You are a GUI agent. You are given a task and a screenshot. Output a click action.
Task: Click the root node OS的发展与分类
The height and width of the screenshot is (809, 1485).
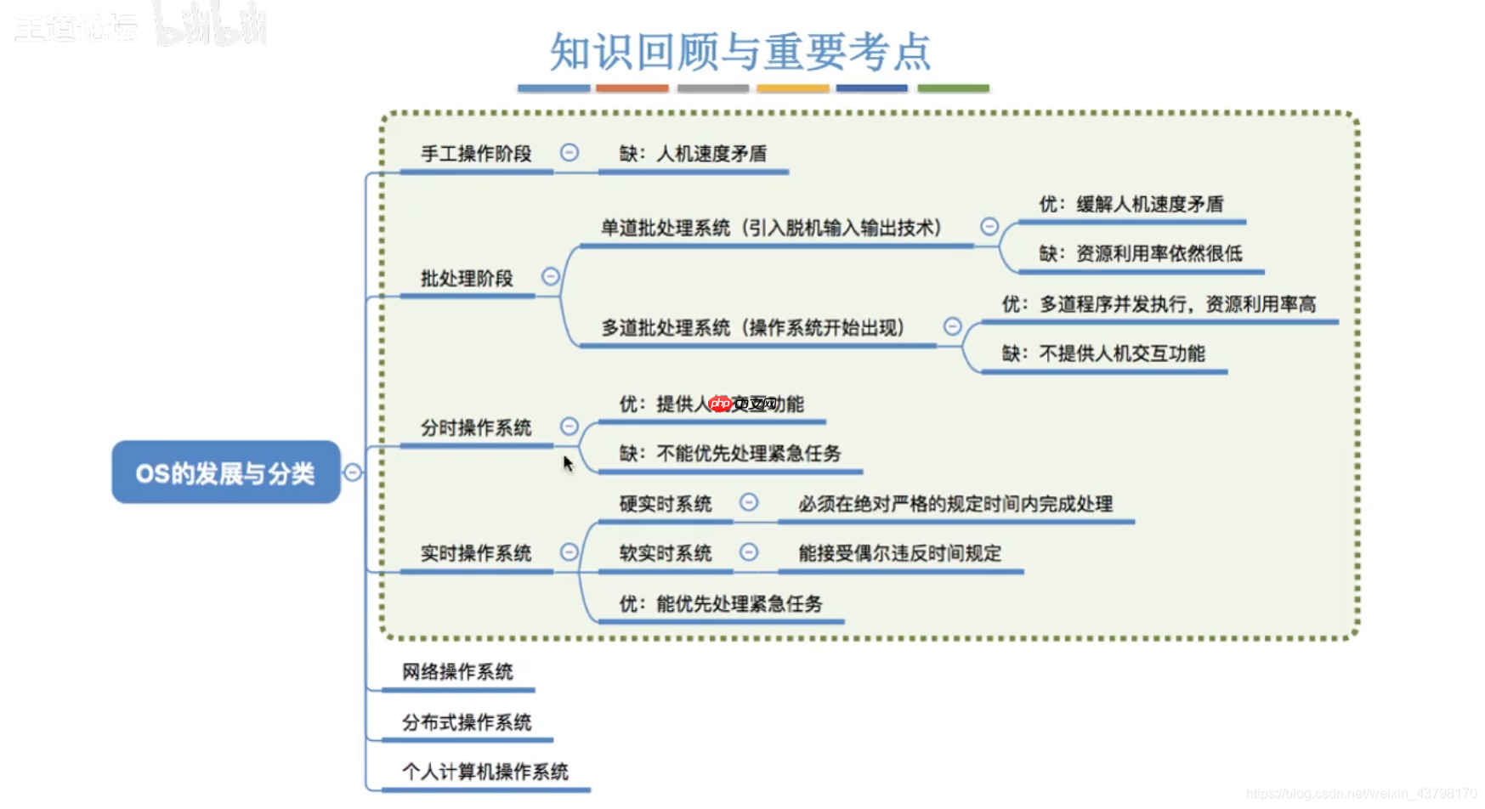tap(225, 472)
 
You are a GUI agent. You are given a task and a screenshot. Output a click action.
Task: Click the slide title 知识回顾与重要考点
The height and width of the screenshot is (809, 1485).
tap(740, 51)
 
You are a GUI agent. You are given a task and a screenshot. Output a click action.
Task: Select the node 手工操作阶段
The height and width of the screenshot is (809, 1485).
tap(476, 154)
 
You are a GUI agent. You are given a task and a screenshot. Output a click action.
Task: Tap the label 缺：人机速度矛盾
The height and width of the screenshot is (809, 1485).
tap(693, 154)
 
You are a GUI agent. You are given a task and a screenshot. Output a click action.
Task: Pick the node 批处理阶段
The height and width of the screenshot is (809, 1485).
tap(467, 279)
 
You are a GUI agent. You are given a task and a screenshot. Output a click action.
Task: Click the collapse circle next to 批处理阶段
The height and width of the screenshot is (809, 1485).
tap(551, 277)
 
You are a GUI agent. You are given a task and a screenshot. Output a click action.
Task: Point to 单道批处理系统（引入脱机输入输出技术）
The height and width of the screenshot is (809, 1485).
tap(772, 228)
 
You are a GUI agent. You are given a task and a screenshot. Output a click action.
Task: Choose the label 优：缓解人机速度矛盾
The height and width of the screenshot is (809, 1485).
tap(1131, 204)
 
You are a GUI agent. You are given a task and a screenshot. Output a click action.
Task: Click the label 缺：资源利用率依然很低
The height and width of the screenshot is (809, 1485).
tap(1140, 253)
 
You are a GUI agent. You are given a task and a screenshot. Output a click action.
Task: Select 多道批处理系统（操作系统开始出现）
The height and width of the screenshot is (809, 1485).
tap(753, 328)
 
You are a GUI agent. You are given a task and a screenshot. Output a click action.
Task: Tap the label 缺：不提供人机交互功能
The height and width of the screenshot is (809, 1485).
tap(1102, 354)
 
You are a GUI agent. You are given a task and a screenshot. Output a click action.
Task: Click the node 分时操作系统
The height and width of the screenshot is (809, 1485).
tap(476, 427)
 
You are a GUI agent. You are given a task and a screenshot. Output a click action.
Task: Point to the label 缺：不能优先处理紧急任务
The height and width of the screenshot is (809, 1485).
tap(729, 454)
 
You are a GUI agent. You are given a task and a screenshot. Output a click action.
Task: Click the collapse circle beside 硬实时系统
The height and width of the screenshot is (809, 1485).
tap(749, 502)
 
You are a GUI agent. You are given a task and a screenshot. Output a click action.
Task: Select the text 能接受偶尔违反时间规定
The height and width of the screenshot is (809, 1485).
tap(899, 553)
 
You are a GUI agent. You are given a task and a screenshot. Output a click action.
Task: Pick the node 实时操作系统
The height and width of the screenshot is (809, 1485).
tap(476, 553)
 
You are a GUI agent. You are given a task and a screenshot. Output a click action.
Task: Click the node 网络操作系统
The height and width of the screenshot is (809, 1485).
tap(457, 672)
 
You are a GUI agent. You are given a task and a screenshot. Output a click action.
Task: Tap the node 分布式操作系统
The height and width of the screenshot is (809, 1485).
tap(467, 722)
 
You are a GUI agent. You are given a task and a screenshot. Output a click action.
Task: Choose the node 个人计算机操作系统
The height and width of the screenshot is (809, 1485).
tap(485, 772)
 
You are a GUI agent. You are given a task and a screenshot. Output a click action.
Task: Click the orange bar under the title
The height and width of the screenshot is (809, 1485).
tap(632, 88)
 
